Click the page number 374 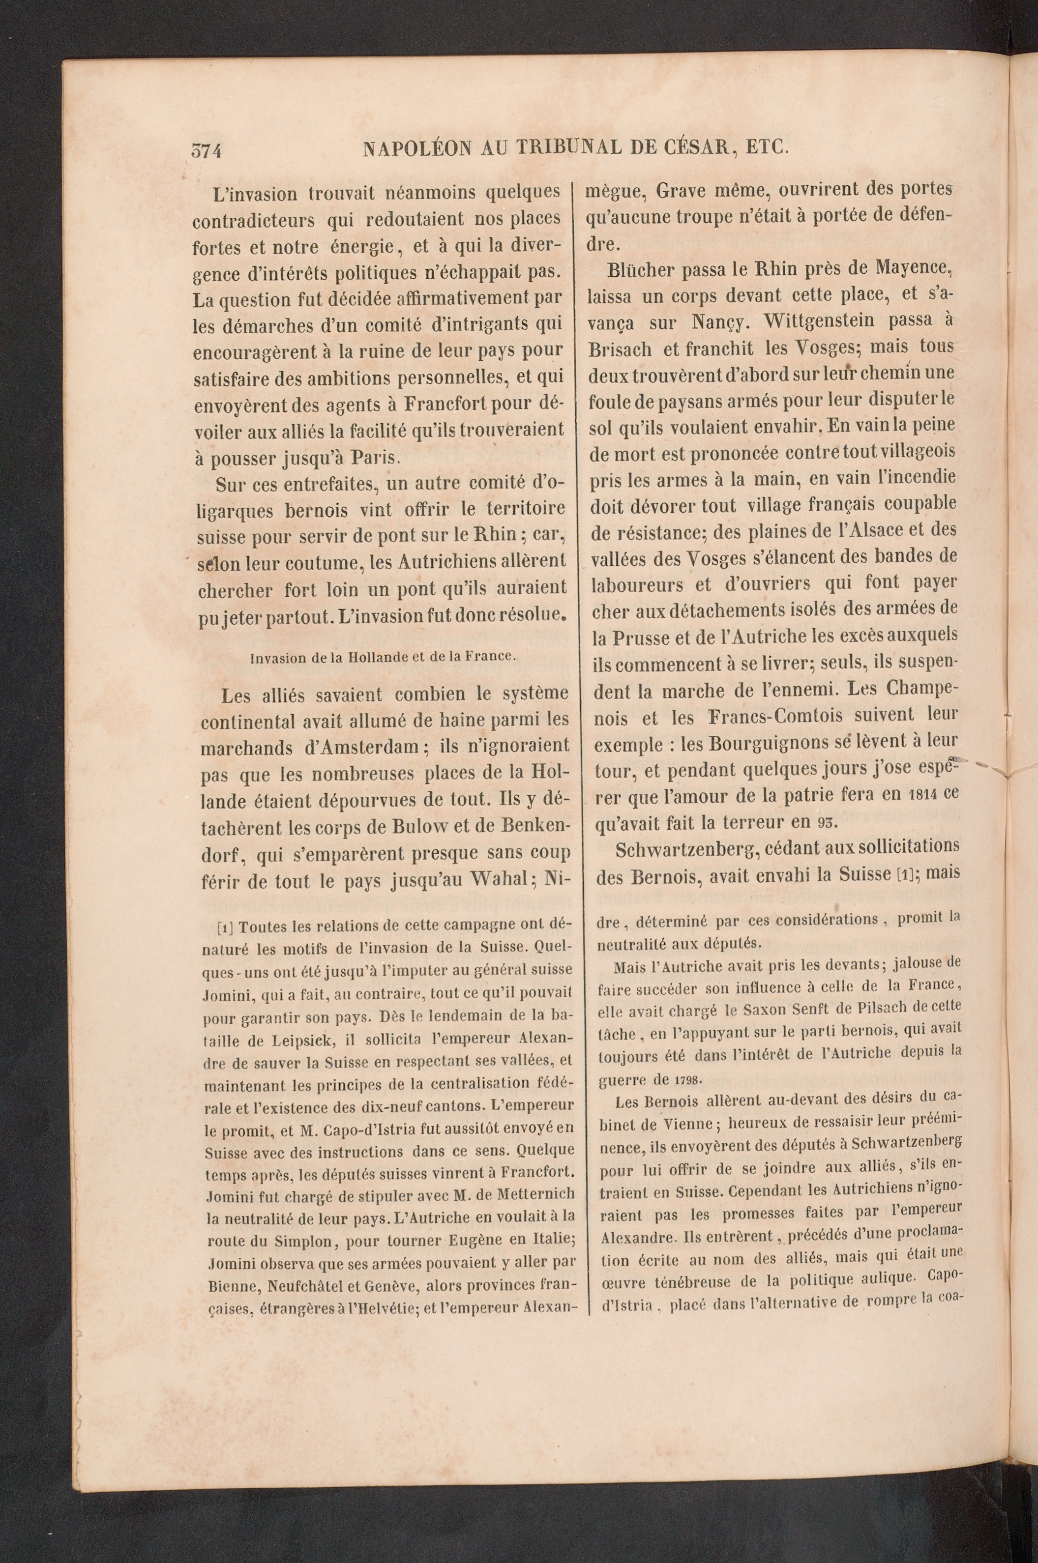tap(206, 151)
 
